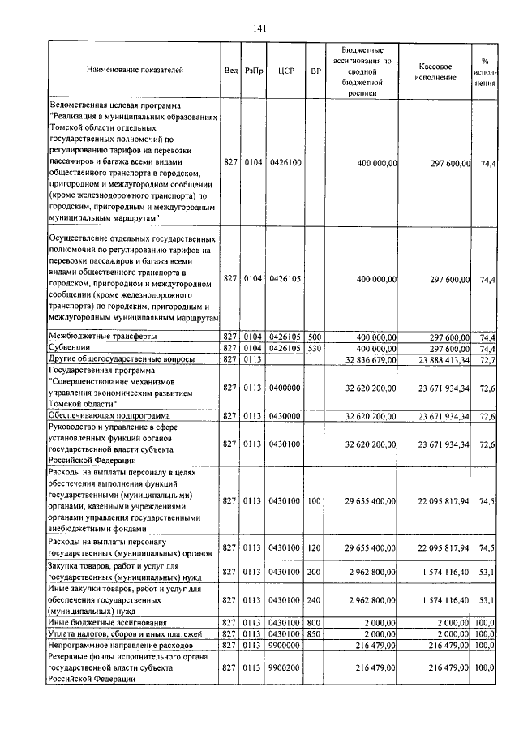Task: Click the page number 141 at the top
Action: tap(260, 28)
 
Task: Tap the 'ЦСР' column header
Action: tap(285, 71)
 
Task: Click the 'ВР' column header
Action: tap(315, 71)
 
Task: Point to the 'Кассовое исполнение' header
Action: tap(436, 71)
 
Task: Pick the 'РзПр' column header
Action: tap(254, 71)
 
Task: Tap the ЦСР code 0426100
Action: tap(285, 163)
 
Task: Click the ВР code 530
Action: tap(315, 347)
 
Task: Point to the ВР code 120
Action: tap(315, 547)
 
